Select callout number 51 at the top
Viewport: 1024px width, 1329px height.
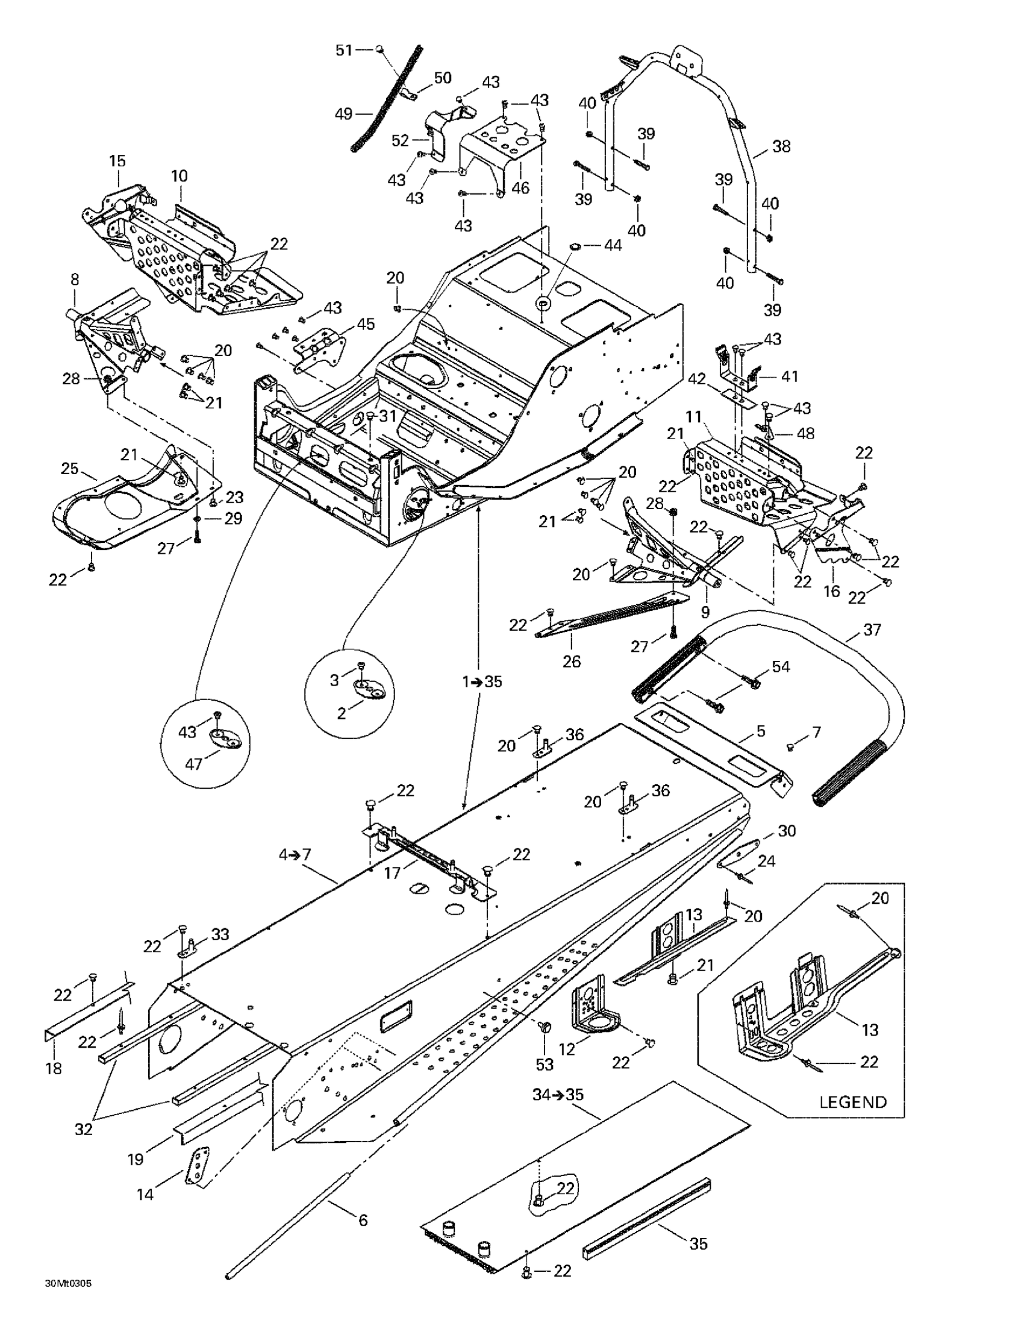pos(345,51)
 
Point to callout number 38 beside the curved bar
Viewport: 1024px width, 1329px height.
pos(781,146)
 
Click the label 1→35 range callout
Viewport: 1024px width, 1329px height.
pos(482,681)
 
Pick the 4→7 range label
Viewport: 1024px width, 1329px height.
pos(295,854)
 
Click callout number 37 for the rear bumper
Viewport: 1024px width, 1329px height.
pos(872,630)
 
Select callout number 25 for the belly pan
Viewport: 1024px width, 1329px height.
pos(70,469)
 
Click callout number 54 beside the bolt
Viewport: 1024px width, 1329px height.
pos(781,667)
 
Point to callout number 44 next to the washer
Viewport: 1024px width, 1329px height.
pos(613,246)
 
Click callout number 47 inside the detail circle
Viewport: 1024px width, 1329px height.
pos(193,763)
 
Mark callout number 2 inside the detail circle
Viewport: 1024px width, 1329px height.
pos(342,713)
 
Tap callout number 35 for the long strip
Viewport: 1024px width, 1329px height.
pos(699,1244)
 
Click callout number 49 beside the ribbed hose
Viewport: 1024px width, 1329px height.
pos(344,114)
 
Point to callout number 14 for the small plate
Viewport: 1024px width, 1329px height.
pos(145,1195)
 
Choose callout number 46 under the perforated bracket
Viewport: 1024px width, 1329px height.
pos(520,187)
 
